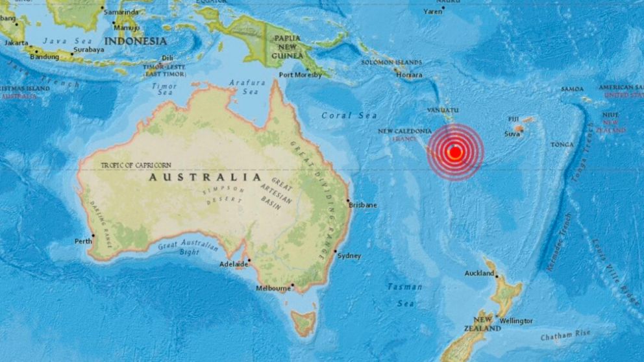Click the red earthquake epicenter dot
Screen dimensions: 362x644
pos(455,152)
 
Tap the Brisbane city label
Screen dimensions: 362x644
pos(363,205)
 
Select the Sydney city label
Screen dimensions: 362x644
pos(349,256)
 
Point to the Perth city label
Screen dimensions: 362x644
pos(83,241)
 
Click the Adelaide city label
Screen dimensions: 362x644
pos(234,264)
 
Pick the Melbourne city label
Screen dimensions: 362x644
pos(273,288)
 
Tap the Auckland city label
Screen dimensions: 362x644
pos(480,273)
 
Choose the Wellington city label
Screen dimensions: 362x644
pos(516,321)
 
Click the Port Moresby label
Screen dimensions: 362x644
pos(300,75)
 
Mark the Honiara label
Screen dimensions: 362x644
pos(409,75)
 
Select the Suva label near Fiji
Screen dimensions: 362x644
pos(513,134)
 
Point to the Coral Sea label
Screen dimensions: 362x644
pos(349,115)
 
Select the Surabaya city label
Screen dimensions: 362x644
pos(88,49)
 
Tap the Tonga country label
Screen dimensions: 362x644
pos(562,144)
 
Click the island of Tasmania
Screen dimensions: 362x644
pos(303,322)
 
